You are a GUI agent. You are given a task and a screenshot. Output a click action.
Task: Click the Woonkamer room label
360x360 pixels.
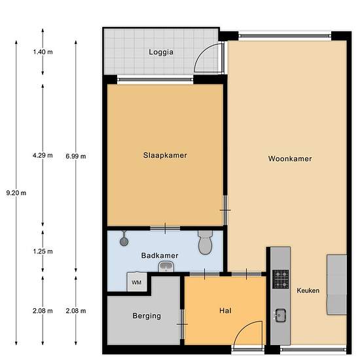click(289, 158)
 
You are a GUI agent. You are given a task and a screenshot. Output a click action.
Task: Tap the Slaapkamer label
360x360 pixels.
click(166, 155)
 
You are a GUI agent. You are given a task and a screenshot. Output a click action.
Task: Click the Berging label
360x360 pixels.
click(146, 315)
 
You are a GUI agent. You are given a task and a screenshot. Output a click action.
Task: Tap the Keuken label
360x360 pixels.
click(308, 291)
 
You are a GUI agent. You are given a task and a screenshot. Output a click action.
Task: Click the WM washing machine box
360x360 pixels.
click(137, 282)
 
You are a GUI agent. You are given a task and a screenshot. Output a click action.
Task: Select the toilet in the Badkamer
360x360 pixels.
click(205, 243)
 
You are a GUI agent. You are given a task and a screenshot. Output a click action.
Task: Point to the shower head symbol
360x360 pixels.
click(124, 240)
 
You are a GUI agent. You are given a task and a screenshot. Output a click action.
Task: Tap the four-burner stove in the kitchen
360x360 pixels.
click(280, 279)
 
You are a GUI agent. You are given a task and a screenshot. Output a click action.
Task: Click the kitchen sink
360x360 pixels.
click(280, 314)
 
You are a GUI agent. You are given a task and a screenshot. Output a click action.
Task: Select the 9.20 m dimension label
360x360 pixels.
click(16, 192)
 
